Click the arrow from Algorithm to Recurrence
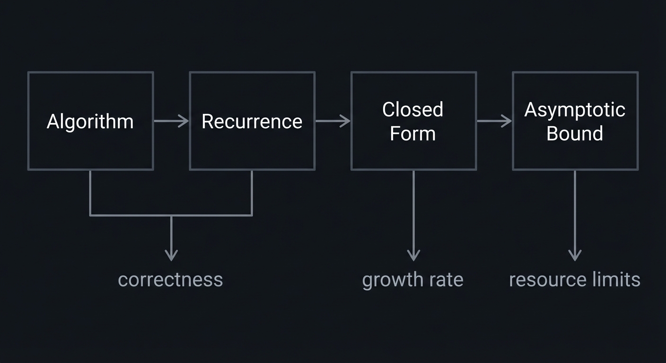(x=171, y=121)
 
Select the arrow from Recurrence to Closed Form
(x=333, y=121)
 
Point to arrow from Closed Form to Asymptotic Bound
(x=494, y=121)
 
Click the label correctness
(x=170, y=279)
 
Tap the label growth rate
(x=412, y=279)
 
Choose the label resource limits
(x=575, y=279)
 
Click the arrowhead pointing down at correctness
(x=171, y=256)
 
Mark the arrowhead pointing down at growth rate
(x=413, y=256)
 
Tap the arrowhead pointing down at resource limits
(x=575, y=256)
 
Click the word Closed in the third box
(x=412, y=110)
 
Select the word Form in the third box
(x=412, y=133)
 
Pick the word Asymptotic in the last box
(x=575, y=110)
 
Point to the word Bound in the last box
(x=575, y=133)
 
